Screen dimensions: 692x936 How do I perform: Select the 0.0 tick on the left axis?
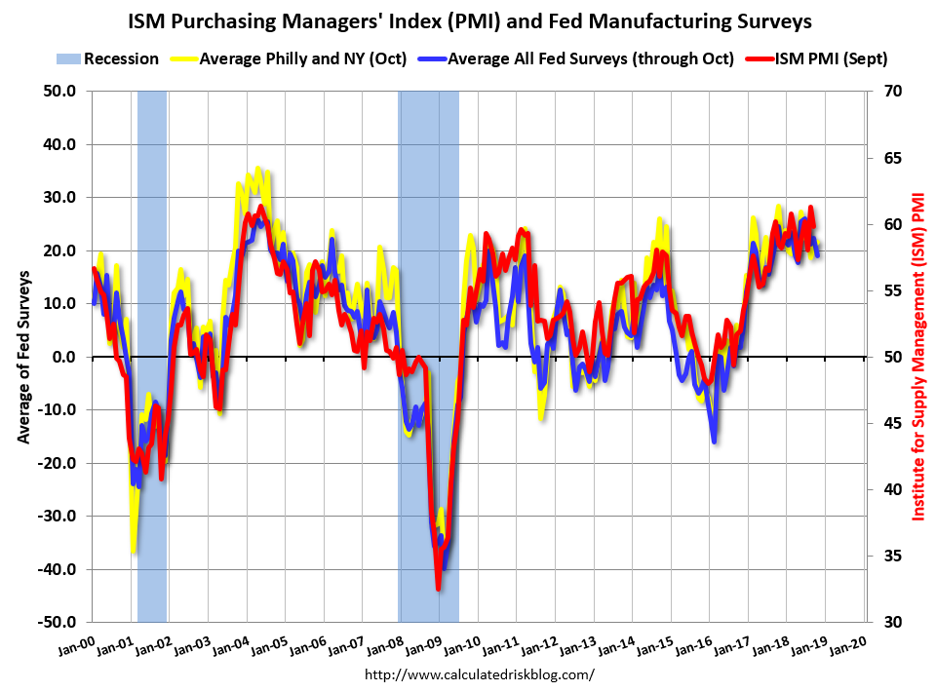[64, 357]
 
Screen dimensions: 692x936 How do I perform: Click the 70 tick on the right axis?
[891, 91]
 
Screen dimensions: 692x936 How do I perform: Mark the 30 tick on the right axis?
[891, 622]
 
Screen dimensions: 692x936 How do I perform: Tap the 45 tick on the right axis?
[891, 423]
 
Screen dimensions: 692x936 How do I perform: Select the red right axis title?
[917, 357]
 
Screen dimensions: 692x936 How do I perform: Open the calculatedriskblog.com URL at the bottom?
[479, 674]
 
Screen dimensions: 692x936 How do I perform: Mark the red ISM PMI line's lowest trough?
[439, 589]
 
